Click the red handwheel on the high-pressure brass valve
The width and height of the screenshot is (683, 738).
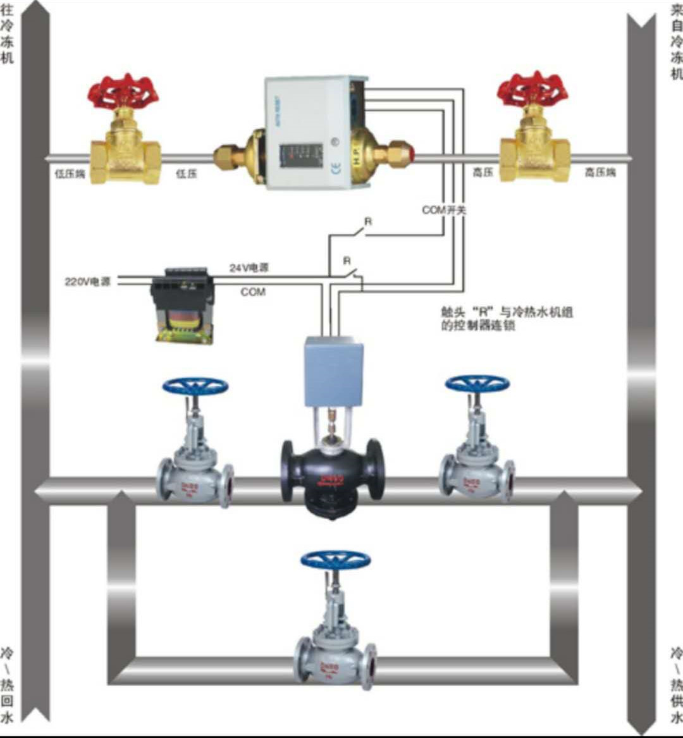[532, 89]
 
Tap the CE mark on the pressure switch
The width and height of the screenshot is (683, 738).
[336, 168]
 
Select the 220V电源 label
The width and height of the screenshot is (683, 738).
[88, 282]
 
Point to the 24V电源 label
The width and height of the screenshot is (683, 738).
[249, 268]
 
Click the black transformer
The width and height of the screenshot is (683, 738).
[183, 305]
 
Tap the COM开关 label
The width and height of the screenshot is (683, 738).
[444, 209]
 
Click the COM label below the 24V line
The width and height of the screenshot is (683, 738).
[253, 292]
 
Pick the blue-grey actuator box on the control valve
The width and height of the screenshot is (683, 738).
[333, 371]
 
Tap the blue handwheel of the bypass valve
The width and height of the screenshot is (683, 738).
[335, 559]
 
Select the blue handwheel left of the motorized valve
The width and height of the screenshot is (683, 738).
[195, 386]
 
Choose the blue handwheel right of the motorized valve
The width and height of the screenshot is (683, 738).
[477, 383]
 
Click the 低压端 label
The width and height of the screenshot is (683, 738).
[70, 173]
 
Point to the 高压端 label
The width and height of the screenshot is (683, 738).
[600, 172]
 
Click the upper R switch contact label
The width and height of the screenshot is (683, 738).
[367, 221]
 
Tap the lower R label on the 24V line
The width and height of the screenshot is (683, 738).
[347, 261]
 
